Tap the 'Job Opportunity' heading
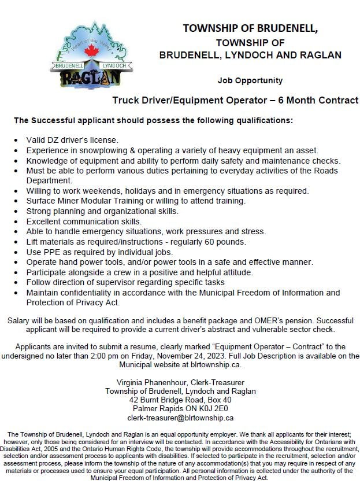(250, 80)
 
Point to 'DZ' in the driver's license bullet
(53, 140)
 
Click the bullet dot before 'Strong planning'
(14, 212)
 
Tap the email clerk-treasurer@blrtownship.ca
(180, 418)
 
